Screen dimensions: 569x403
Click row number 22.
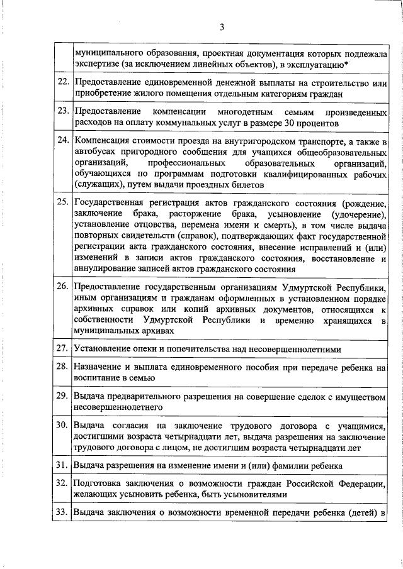[62, 82]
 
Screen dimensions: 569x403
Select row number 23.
[62, 111]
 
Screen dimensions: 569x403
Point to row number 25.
[62, 203]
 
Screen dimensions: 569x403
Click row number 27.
[62, 348]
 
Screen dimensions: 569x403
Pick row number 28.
[62, 367]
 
